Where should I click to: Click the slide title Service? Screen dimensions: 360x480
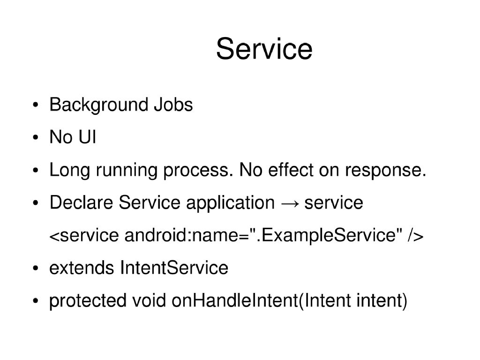pyautogui.click(x=264, y=49)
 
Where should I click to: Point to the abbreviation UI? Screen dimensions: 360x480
pyautogui.click(x=87, y=138)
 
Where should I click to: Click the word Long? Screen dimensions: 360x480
pyautogui.click(x=69, y=171)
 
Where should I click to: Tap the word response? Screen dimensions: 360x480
pyautogui.click(x=385, y=172)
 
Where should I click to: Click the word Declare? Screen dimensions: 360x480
pyautogui.click(x=81, y=203)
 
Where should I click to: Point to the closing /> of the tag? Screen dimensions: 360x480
pyautogui.click(x=415, y=235)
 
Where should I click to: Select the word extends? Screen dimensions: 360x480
pyautogui.click(x=82, y=268)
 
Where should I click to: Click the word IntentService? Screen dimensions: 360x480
pyautogui.click(x=174, y=268)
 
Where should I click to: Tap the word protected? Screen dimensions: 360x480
pyautogui.click(x=88, y=301)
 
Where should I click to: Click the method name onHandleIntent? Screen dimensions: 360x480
pyautogui.click(x=234, y=300)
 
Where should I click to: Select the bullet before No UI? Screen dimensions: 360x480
pyautogui.click(x=36, y=138)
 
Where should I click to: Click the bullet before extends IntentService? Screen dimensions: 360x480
pyautogui.click(x=36, y=269)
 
